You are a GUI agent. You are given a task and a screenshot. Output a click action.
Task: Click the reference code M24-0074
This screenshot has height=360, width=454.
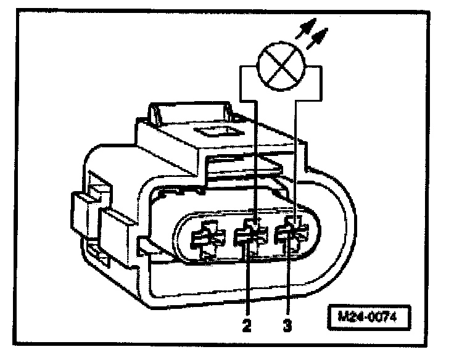(368, 318)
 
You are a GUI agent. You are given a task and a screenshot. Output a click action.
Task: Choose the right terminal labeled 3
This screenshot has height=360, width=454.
(291, 235)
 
